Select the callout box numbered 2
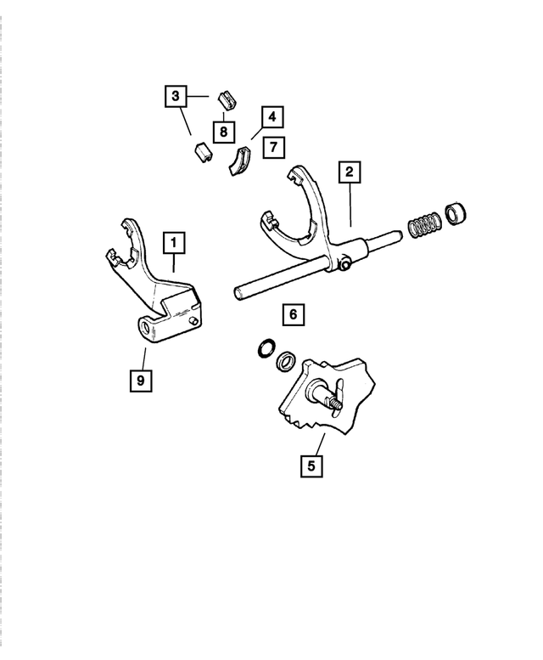pyautogui.click(x=348, y=172)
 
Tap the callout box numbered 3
pyautogui.click(x=175, y=97)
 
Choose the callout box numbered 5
pyautogui.click(x=311, y=465)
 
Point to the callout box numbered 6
pyautogui.click(x=292, y=315)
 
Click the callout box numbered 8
pyautogui.click(x=222, y=132)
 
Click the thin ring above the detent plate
pyautogui.click(x=265, y=350)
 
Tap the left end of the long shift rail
pyautogui.click(x=241, y=293)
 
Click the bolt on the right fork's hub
pyautogui.click(x=346, y=267)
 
